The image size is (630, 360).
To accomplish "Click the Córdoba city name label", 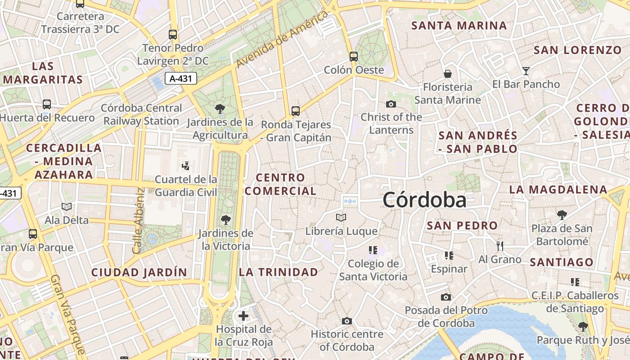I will click(x=424, y=200).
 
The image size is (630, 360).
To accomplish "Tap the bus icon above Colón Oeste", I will click(x=354, y=57).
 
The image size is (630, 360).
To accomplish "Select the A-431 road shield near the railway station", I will click(x=181, y=79).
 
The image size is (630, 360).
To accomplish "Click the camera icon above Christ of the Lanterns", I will click(x=391, y=104).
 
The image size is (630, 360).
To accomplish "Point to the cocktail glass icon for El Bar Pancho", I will click(x=526, y=71).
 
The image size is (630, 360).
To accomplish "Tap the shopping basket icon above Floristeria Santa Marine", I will click(x=448, y=74).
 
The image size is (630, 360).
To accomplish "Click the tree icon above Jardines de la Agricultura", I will click(x=220, y=108).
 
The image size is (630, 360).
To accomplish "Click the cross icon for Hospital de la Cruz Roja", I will click(x=243, y=316).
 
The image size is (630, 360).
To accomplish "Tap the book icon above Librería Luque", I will click(x=341, y=218).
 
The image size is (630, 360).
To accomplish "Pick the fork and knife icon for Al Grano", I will click(x=499, y=246).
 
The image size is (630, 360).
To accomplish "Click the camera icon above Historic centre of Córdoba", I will click(x=346, y=321).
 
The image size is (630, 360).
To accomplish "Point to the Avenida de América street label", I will click(x=282, y=40).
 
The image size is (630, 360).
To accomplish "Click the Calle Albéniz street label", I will click(x=138, y=220).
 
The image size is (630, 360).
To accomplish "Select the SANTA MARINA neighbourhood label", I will click(x=459, y=26).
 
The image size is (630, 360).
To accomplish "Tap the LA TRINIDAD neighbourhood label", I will click(x=278, y=272).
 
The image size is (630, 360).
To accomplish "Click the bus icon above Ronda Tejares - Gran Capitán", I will click(x=296, y=111).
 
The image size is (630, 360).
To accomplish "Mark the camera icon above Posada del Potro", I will click(x=446, y=297).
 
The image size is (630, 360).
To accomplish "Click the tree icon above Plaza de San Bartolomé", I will click(x=562, y=215).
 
